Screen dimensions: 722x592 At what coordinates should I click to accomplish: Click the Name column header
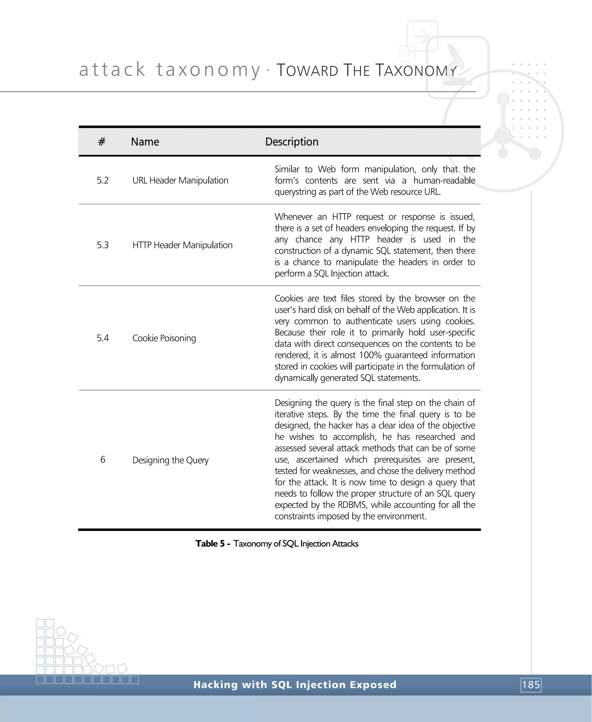[145, 142]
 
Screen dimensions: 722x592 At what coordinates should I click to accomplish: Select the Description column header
[292, 142]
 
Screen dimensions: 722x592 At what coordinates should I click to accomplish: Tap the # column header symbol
[102, 142]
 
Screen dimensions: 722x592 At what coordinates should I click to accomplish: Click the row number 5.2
[103, 180]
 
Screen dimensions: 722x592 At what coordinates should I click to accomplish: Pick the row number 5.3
[103, 245]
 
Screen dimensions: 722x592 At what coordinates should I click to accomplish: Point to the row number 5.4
[103, 338]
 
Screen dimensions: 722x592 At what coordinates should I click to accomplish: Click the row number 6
[103, 460]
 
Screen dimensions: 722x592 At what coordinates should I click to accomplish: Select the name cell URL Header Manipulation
[180, 180]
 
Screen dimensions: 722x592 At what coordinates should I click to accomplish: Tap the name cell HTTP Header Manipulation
[182, 245]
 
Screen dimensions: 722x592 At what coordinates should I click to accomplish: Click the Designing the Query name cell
[171, 460]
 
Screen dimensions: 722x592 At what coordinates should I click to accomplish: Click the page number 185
[531, 685]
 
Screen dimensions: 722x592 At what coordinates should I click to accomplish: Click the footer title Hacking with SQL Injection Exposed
[295, 684]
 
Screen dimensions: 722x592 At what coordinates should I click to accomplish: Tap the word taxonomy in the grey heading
[208, 70]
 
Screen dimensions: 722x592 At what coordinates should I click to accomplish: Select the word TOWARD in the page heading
[307, 70]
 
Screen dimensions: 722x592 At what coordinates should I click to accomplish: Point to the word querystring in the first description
[295, 192]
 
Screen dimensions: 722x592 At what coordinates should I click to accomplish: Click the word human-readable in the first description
[444, 180]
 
